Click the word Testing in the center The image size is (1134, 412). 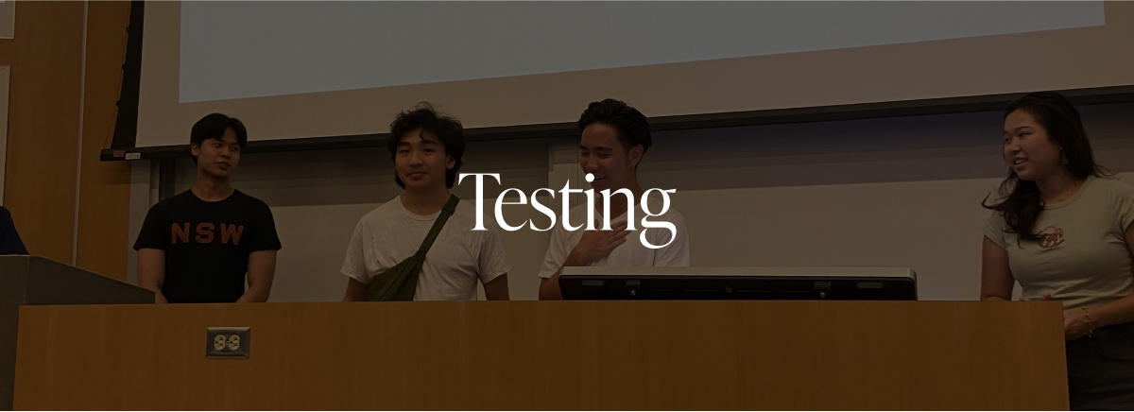[567, 209]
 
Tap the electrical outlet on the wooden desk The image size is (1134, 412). [228, 343]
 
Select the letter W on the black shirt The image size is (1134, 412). [232, 234]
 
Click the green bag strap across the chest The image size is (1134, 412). [436, 227]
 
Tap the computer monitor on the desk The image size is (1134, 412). [738, 283]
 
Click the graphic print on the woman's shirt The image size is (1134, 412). [1051, 238]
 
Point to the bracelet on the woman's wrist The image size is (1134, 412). [1086, 320]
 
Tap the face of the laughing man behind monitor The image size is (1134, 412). [604, 157]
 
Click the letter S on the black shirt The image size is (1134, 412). [205, 233]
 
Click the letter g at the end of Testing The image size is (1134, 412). [657, 218]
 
